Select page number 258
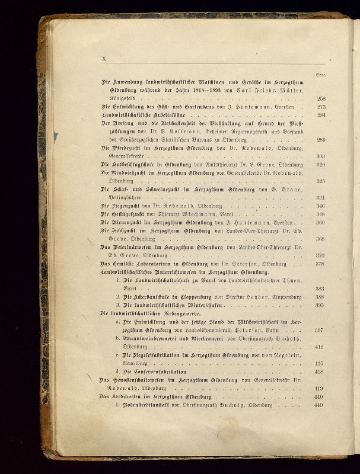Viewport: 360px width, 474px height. [x=321, y=99]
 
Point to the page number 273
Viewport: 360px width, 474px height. [x=321, y=107]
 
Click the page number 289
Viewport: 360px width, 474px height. [x=321, y=140]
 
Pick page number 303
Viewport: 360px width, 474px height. [x=321, y=156]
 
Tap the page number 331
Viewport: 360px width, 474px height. [x=321, y=197]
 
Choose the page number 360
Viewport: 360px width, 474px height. [x=321, y=222]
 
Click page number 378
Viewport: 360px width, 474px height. [x=321, y=264]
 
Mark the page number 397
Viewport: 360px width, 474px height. [x=319, y=330]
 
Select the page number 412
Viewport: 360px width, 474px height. [x=319, y=347]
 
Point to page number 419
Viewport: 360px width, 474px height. [x=319, y=388]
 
